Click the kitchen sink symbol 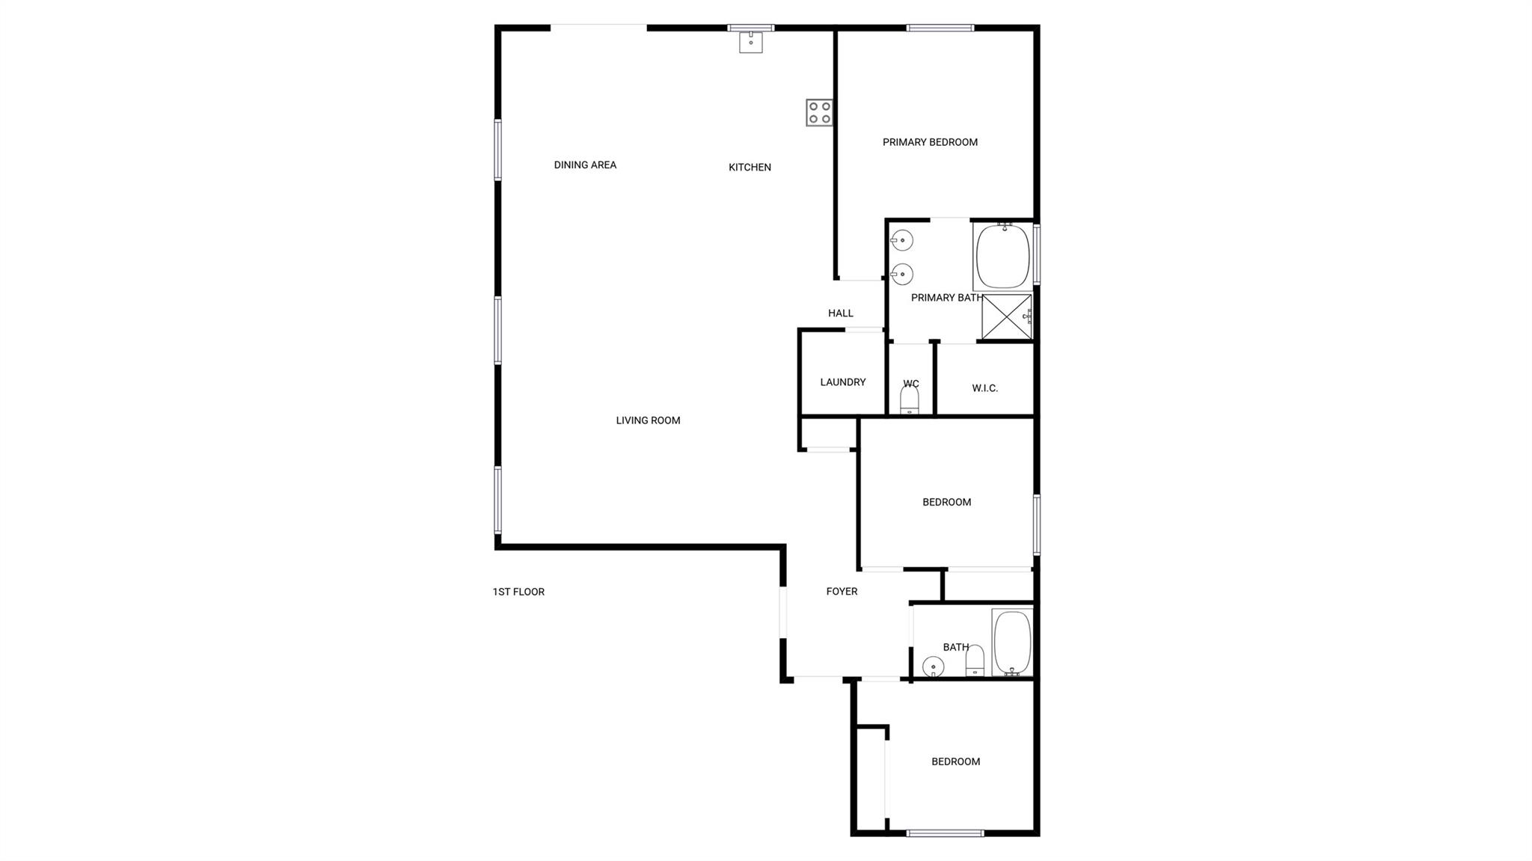point(750,42)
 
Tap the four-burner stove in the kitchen point(819,112)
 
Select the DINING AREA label point(585,165)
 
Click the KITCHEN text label point(750,167)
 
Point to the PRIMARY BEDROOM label point(930,142)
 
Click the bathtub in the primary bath point(1002,256)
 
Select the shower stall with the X point(1006,317)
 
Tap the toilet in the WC point(910,400)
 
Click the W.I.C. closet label point(984,388)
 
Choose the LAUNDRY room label point(842,382)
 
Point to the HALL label point(840,313)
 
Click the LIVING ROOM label point(648,420)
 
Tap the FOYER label point(842,591)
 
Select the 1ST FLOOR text point(518,592)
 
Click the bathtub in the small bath point(1012,643)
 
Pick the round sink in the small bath point(933,666)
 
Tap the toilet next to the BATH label point(975,660)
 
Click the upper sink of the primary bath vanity point(902,240)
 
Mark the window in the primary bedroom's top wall point(940,28)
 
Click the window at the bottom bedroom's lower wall point(945,833)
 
